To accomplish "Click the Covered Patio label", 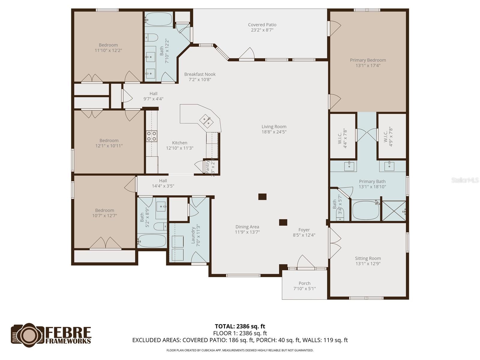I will [x=262, y=25].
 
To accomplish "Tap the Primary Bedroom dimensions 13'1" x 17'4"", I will [x=368, y=65].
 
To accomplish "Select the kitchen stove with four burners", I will [x=151, y=136].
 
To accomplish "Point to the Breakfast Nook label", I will [x=200, y=74].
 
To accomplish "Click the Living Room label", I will [x=274, y=127].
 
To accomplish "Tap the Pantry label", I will [x=208, y=167].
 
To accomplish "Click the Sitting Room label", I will [x=368, y=258].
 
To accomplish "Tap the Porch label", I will [x=304, y=283].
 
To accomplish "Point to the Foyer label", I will [x=304, y=230].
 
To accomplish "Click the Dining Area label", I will [x=247, y=227].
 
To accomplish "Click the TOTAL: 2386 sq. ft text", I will [x=240, y=326].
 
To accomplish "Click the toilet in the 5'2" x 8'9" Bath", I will [x=160, y=225].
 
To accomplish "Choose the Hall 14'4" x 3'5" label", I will [x=163, y=181].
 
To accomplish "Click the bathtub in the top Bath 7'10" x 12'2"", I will [x=158, y=19].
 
